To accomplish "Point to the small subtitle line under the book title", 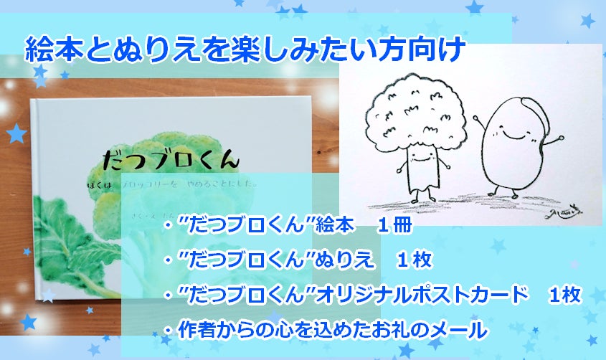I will click(179, 186).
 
